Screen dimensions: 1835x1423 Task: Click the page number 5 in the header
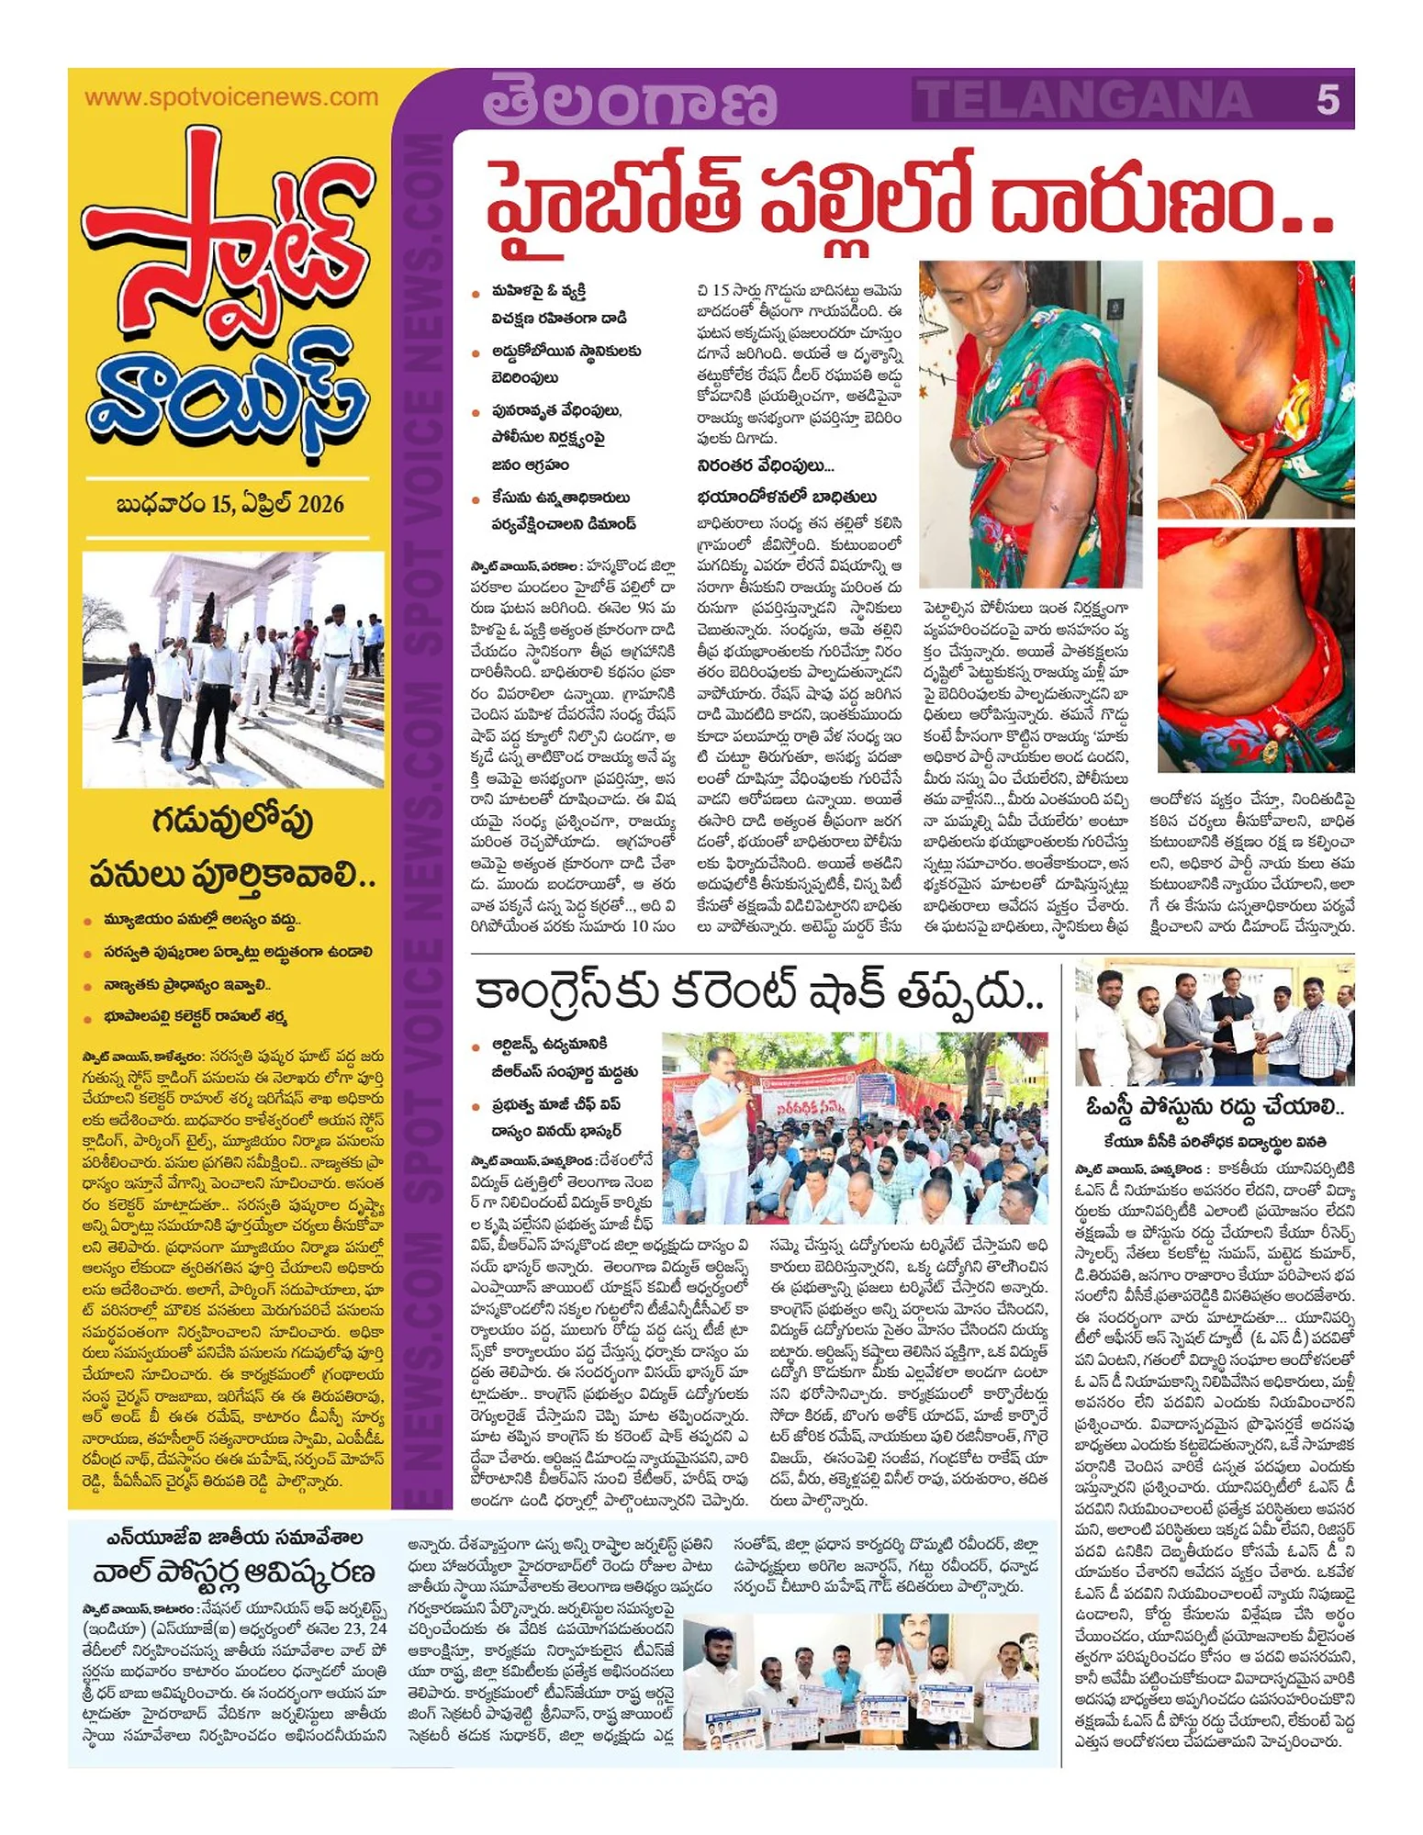click(x=1327, y=99)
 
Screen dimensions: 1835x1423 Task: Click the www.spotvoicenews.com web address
click(x=230, y=97)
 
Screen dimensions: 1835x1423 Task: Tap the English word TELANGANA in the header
click(x=1086, y=99)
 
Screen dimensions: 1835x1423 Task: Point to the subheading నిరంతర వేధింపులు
click(x=764, y=466)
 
